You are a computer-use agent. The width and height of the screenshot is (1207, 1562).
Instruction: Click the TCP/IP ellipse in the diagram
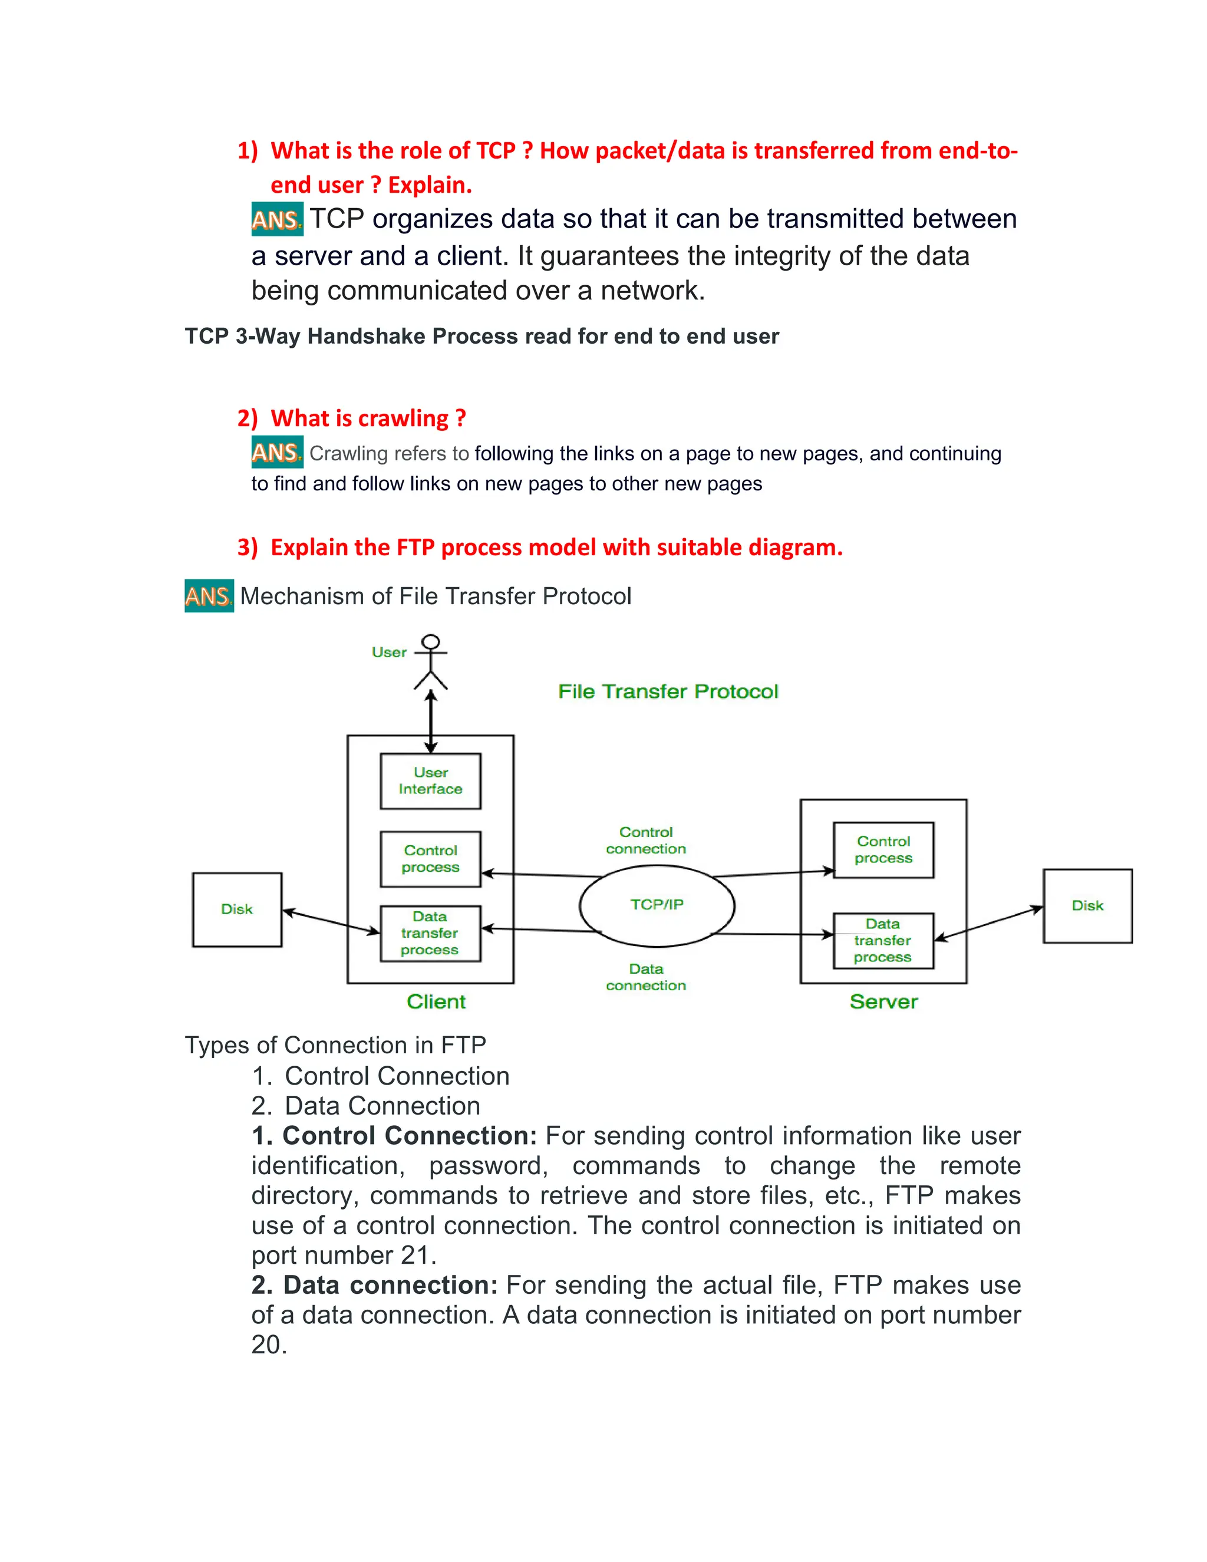(657, 905)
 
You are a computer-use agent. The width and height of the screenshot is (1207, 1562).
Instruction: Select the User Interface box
(430, 781)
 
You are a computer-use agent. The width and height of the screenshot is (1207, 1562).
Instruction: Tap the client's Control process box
(430, 859)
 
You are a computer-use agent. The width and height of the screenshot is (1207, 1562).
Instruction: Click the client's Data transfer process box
(430, 933)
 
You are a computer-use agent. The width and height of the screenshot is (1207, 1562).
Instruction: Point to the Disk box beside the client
(237, 909)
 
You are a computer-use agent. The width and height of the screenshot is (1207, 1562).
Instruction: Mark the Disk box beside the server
(1087, 906)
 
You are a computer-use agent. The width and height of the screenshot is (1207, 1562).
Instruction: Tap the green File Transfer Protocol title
(668, 691)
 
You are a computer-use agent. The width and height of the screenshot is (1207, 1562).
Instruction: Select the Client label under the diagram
(436, 1002)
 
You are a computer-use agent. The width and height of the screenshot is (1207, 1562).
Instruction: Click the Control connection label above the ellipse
(646, 841)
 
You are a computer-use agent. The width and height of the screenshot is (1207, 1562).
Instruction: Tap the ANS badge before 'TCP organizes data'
(277, 220)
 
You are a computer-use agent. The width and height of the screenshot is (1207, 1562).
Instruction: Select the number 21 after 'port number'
(415, 1255)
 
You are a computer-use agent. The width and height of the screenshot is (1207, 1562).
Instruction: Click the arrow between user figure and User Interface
(430, 721)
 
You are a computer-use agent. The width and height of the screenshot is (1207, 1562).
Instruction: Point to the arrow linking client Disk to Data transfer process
(331, 921)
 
